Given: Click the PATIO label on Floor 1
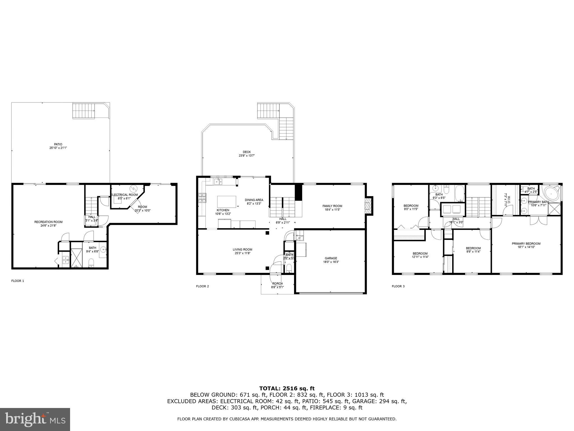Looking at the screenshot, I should [x=58, y=144].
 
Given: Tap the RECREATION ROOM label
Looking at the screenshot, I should [x=48, y=222].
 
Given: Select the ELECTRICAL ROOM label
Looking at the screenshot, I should [x=124, y=195].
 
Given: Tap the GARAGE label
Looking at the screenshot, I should [x=331, y=258].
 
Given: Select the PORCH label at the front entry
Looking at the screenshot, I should [x=277, y=283].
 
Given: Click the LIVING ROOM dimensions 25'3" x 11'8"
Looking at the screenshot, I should [x=242, y=253].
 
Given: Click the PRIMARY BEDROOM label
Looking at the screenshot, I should [x=526, y=244].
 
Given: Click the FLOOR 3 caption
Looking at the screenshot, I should [x=398, y=286].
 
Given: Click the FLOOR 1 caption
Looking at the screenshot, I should [x=18, y=281].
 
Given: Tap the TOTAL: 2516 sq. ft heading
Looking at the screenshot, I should [x=287, y=388].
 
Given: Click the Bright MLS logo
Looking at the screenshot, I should [x=35, y=419].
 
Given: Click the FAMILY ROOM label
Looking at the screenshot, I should [x=332, y=206].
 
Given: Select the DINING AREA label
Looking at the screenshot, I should [x=254, y=200].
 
